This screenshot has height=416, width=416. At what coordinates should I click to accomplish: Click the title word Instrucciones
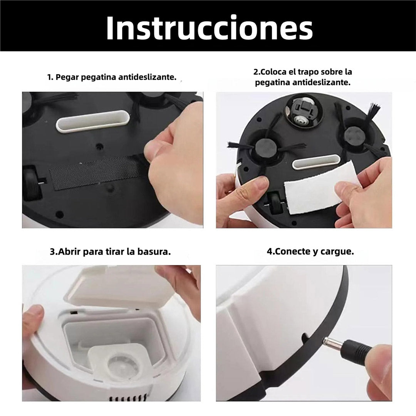click(x=210, y=28)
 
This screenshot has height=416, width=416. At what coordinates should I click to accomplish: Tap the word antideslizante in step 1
click(x=147, y=77)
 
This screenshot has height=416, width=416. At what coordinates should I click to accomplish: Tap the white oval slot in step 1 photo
click(x=93, y=121)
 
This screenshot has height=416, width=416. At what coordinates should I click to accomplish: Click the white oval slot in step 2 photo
click(x=316, y=163)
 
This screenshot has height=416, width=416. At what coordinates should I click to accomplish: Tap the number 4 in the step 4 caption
click(x=269, y=252)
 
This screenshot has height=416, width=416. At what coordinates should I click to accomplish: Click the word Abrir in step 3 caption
click(x=69, y=252)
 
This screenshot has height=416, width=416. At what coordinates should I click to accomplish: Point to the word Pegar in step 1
click(x=67, y=77)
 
